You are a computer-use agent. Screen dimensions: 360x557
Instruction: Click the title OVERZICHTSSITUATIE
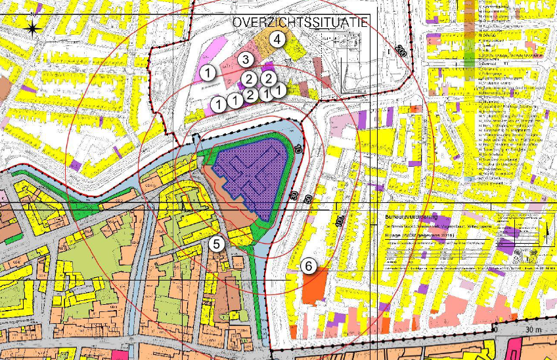pyautogui.click(x=300, y=22)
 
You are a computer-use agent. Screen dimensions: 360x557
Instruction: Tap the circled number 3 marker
pyautogui.click(x=245, y=60)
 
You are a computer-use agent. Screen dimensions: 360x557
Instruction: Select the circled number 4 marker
pyautogui.click(x=278, y=39)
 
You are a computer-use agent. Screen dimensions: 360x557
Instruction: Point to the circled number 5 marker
pyautogui.click(x=217, y=244)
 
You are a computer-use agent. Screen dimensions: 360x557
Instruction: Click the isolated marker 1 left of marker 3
pyautogui.click(x=208, y=72)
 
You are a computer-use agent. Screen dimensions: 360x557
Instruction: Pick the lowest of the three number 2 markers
pyautogui.click(x=250, y=95)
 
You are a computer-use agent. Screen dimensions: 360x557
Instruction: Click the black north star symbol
pyautogui.click(x=32, y=27)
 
